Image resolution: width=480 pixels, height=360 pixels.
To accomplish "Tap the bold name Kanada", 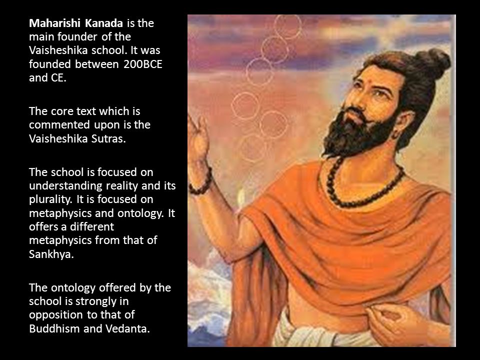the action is [104, 23].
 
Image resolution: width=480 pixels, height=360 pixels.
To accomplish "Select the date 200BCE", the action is [143, 64].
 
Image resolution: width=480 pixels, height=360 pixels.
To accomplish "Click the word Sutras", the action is [108, 138].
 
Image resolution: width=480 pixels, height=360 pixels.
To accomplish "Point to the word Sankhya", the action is [51, 254].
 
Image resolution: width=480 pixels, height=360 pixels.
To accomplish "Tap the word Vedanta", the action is [127, 328].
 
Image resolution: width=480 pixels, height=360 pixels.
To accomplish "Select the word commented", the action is [59, 125].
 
